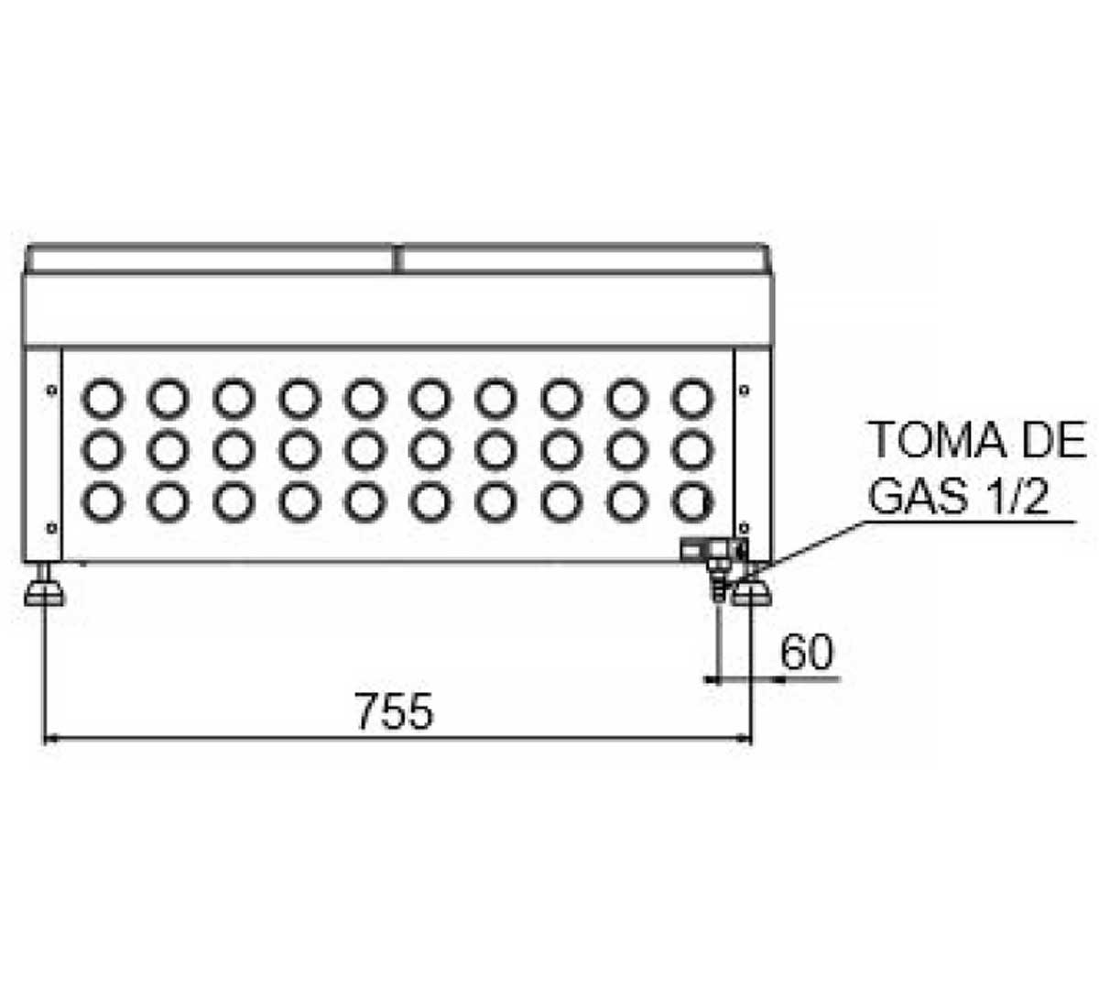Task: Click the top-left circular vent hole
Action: [103, 399]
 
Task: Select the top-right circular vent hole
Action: [692, 399]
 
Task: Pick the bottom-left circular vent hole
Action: [103, 502]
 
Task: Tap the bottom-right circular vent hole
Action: [692, 502]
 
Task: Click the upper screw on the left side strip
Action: [52, 390]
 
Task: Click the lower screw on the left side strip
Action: [52, 528]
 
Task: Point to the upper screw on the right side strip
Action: [744, 390]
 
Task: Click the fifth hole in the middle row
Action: [365, 450]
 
